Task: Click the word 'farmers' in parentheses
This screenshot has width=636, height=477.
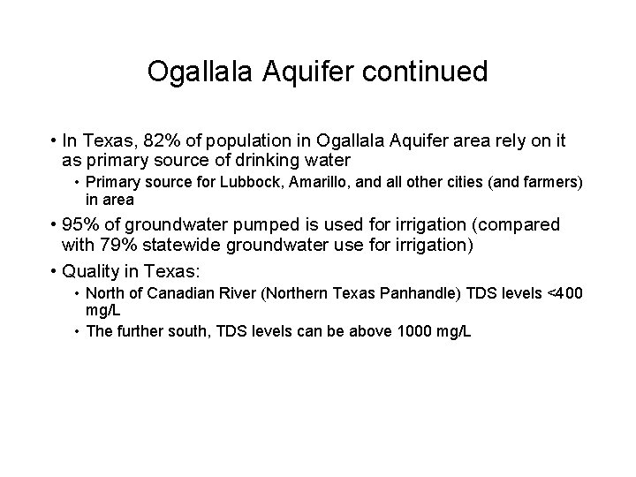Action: (x=552, y=182)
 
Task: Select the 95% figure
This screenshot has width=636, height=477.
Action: (x=81, y=226)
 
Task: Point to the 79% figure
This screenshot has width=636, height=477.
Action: (x=114, y=246)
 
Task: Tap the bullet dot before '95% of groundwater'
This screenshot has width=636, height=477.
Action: (x=55, y=226)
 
